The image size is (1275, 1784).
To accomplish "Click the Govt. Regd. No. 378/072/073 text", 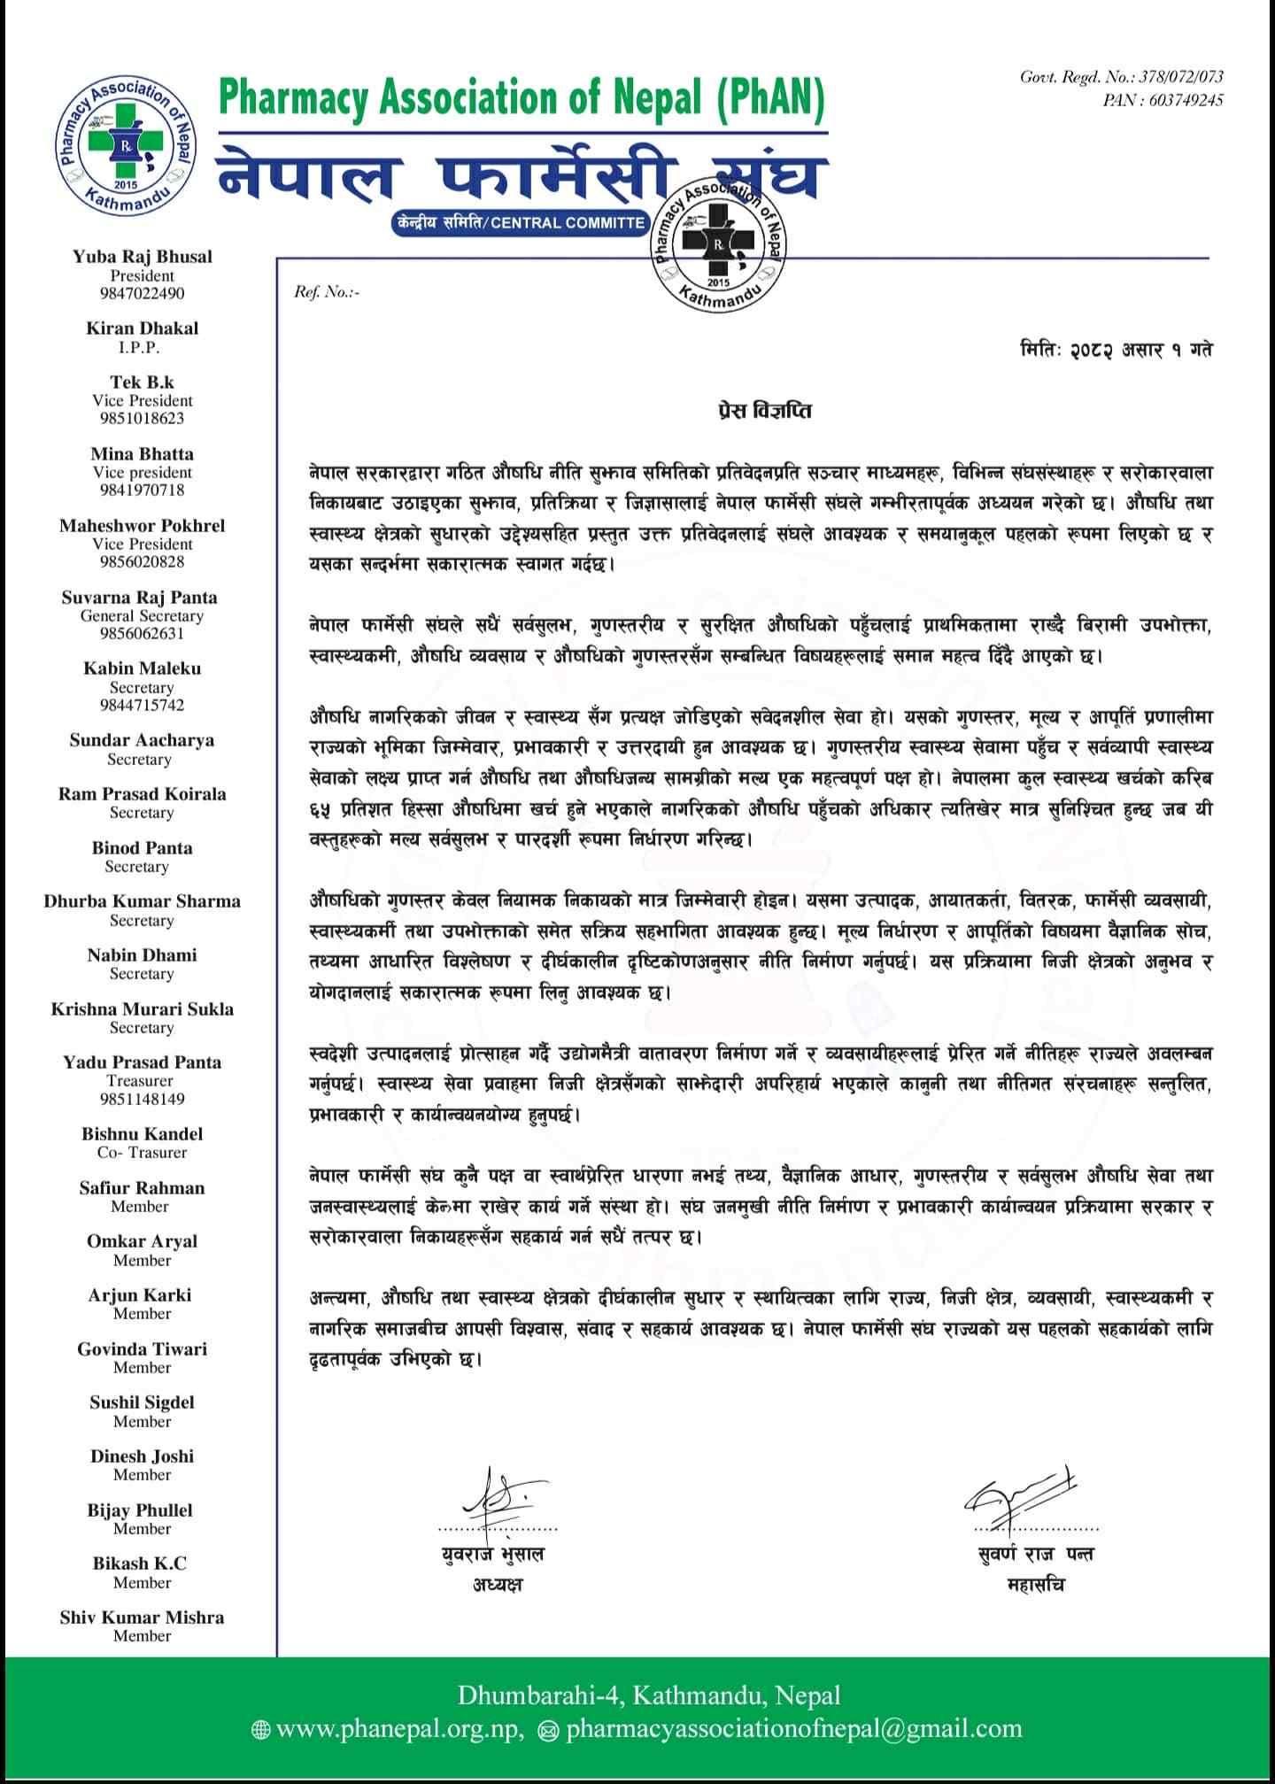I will click(x=1122, y=78).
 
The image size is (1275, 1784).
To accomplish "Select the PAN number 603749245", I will click(x=1163, y=100).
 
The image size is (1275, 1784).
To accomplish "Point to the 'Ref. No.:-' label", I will click(x=327, y=291).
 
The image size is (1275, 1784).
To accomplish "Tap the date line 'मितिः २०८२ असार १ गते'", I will click(x=1116, y=350).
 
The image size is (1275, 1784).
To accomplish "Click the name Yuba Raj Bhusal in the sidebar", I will click(x=143, y=257).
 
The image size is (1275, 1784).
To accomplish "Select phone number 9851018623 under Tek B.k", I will click(x=142, y=418).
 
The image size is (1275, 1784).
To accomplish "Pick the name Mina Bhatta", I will click(x=142, y=453).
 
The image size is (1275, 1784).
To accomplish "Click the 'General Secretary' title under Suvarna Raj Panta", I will click(x=142, y=615).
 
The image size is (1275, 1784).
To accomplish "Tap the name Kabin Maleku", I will click(x=142, y=668).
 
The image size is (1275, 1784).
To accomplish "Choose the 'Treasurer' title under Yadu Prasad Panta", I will click(x=142, y=1080).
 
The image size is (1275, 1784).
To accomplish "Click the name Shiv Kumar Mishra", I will click(x=142, y=1618).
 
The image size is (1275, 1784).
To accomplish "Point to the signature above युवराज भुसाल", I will click(x=495, y=1498).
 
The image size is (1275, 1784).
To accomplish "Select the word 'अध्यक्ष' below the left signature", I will click(x=497, y=1584).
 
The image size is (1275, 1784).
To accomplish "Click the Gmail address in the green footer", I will click(x=793, y=1728).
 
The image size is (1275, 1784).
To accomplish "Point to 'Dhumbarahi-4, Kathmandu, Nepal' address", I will click(x=649, y=1695).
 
